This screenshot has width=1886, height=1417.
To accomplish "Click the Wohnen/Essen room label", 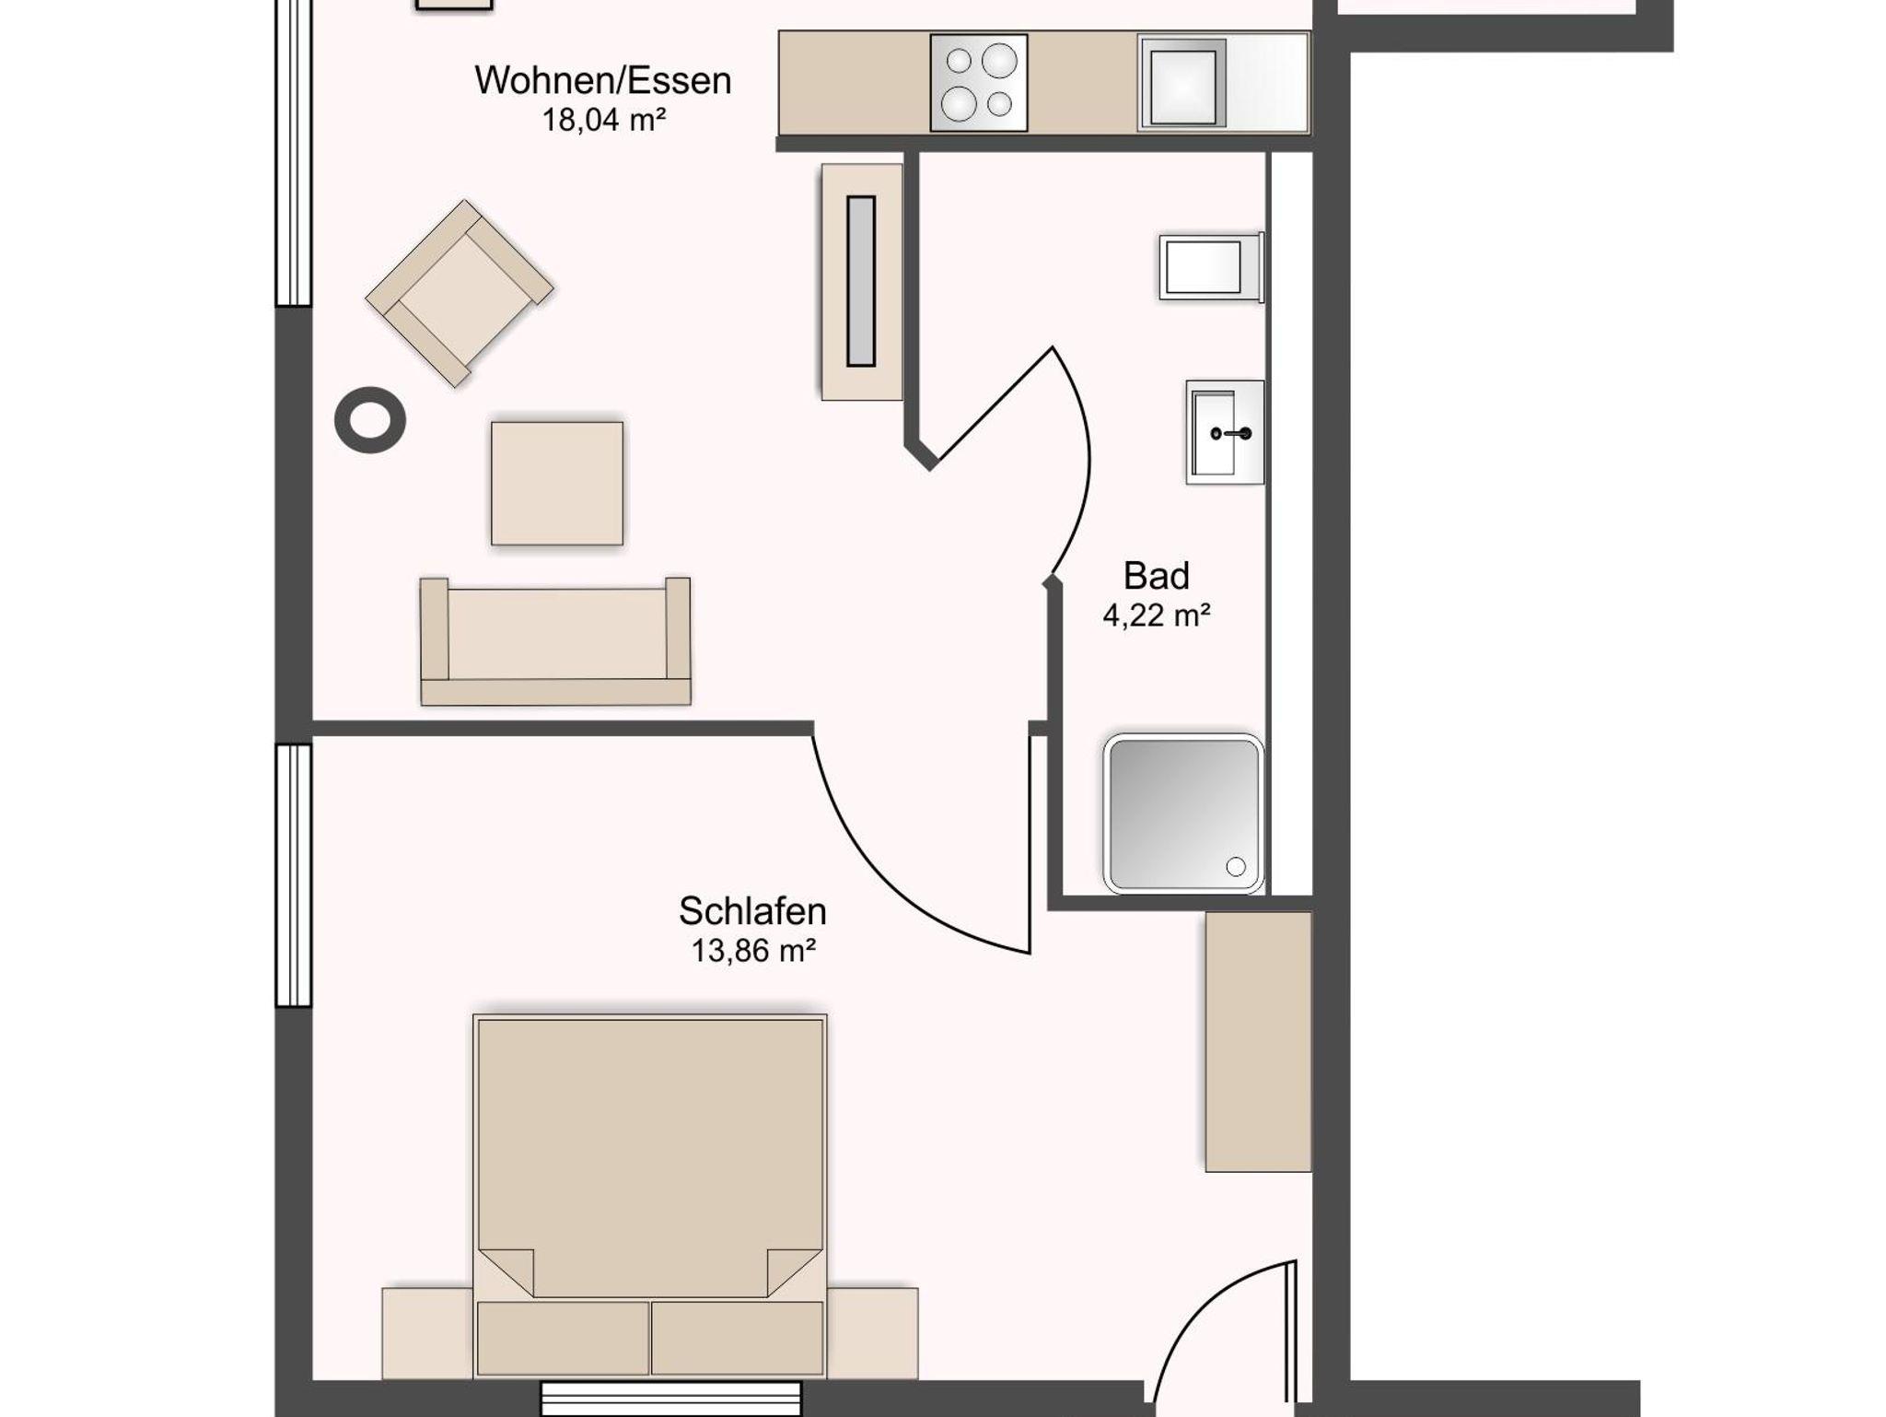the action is [603, 81].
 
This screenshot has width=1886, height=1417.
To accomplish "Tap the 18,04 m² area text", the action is [604, 121].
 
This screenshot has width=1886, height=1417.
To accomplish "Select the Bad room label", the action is [1157, 576].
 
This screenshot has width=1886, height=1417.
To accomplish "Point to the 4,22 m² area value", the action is [1157, 615].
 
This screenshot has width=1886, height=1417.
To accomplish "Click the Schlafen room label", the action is [752, 911].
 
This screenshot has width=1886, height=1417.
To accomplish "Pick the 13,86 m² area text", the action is [753, 951].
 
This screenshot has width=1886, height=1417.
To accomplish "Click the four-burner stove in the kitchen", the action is [978, 83].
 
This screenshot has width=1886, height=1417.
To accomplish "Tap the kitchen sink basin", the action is [1182, 83].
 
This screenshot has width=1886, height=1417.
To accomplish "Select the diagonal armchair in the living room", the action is [460, 294].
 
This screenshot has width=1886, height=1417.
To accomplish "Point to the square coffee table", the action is [557, 484].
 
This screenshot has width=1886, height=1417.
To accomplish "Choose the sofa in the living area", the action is [555, 641].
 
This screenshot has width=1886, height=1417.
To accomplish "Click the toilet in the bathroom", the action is [1211, 267].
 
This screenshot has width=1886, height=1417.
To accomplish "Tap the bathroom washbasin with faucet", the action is [1225, 432].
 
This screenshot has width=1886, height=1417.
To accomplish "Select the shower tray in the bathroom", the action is [1183, 814].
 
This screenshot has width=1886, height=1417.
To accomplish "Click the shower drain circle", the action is [1236, 866].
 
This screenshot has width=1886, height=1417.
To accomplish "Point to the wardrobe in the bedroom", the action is [1258, 1042].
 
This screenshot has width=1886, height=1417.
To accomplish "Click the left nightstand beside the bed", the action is [428, 1333].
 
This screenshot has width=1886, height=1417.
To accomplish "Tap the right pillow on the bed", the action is [737, 1338].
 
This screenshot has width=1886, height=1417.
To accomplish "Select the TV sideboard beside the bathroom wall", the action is [862, 282].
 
